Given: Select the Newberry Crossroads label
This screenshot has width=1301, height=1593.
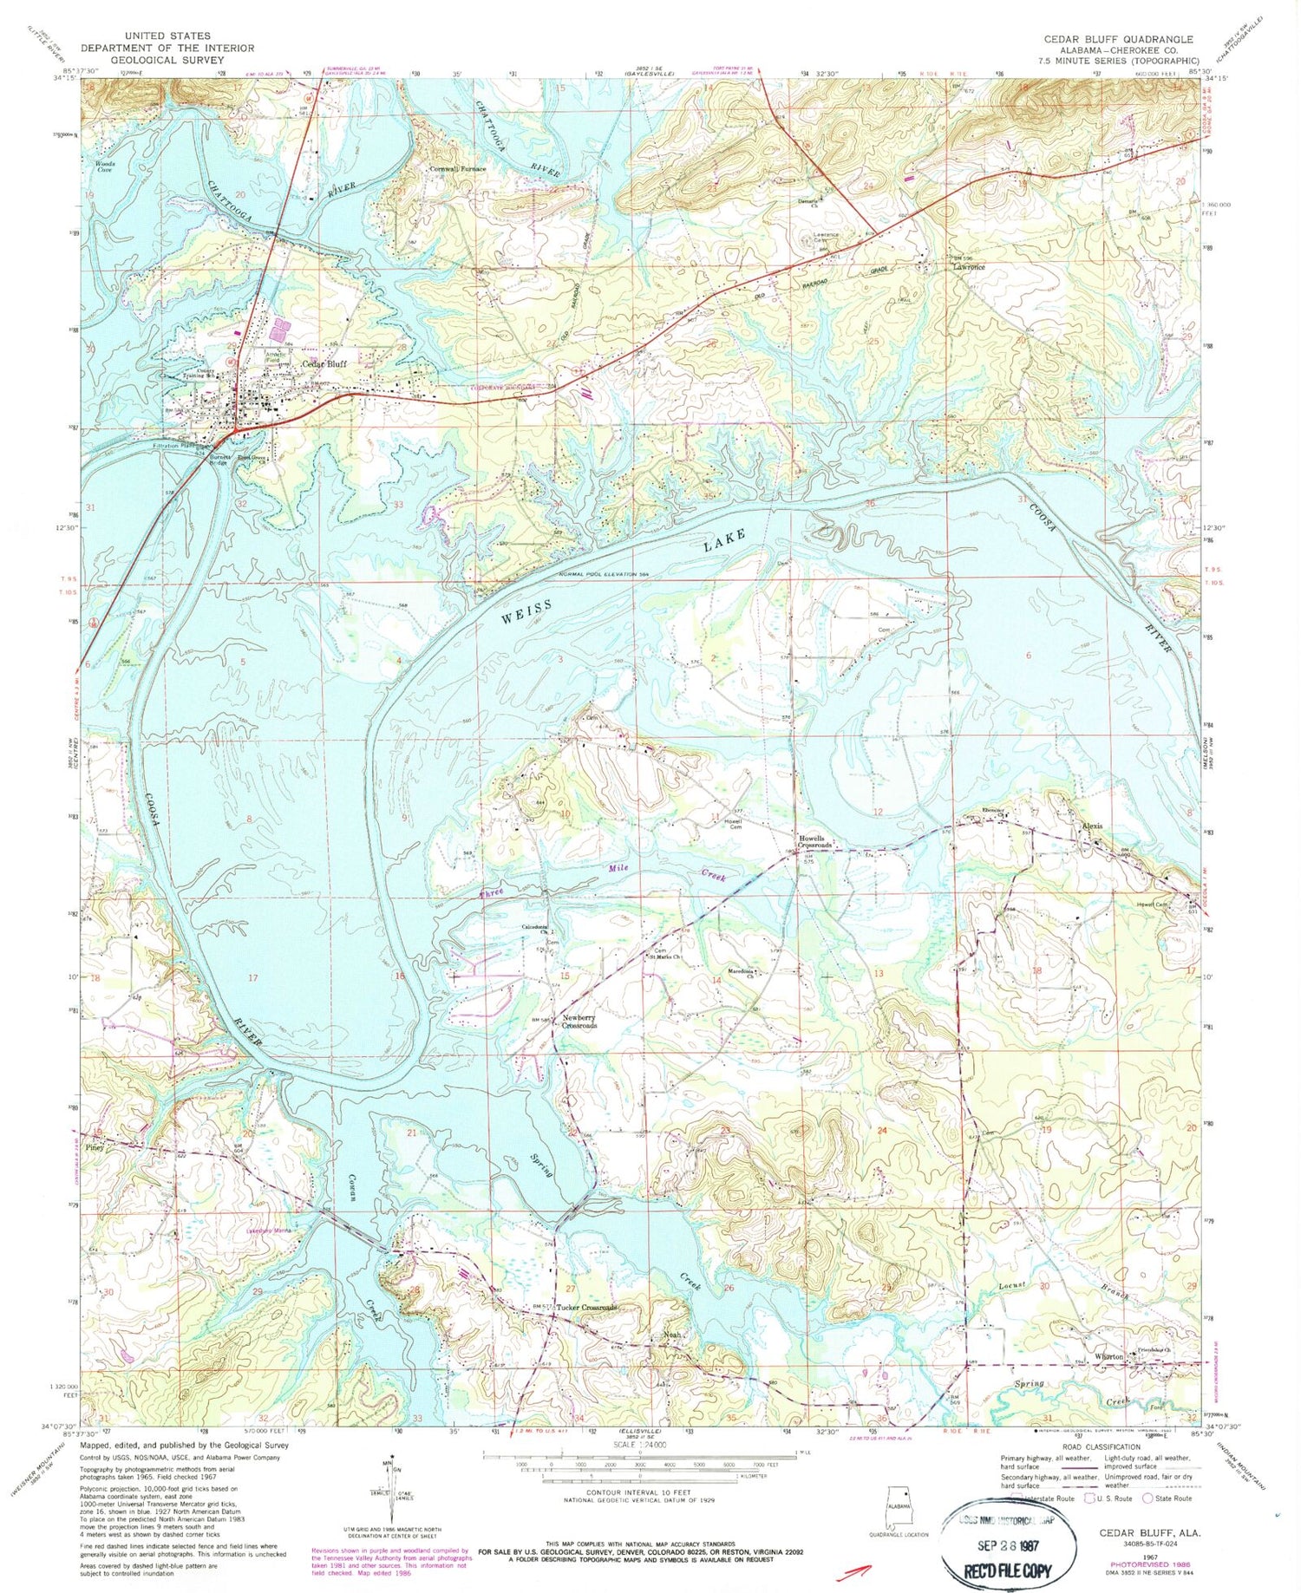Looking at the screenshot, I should (x=579, y=1022).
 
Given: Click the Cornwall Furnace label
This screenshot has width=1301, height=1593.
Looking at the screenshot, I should (x=458, y=169).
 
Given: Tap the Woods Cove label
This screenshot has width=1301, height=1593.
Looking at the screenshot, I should (x=104, y=166).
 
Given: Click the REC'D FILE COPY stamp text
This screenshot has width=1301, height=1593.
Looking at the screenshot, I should (x=1010, y=1570).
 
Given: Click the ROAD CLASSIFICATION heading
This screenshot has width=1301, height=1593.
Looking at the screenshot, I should (x=1089, y=1446).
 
